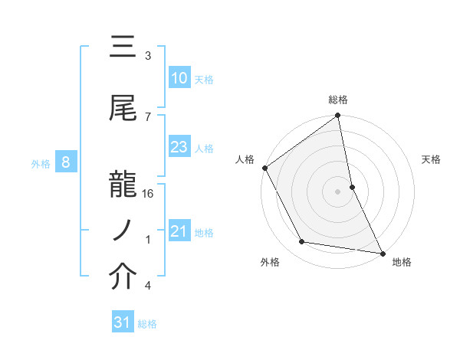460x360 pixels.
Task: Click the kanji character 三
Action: click(x=123, y=49)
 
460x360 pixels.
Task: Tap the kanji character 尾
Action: click(x=123, y=109)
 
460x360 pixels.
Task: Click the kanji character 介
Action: click(x=123, y=278)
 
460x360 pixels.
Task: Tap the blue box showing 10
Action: click(x=179, y=79)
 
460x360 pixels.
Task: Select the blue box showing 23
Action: click(x=179, y=148)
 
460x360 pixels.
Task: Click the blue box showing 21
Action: click(x=179, y=232)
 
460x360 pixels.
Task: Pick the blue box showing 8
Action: click(x=66, y=162)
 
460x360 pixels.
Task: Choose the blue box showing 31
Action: click(x=122, y=323)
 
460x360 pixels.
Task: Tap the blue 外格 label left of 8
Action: click(x=40, y=163)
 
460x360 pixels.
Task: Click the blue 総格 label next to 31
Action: click(x=147, y=324)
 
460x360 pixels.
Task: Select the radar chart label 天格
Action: click(x=431, y=159)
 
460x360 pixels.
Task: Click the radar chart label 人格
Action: click(x=245, y=159)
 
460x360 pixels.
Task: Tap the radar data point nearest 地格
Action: click(x=383, y=252)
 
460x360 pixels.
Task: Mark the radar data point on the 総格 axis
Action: click(x=337, y=116)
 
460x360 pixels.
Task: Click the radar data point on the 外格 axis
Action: click(x=302, y=242)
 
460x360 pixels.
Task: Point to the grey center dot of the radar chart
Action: click(x=337, y=191)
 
